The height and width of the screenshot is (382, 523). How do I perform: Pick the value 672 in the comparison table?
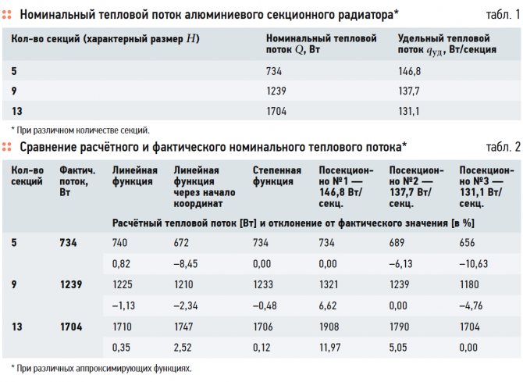tap(183, 243)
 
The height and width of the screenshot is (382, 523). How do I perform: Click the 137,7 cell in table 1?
tap(410, 91)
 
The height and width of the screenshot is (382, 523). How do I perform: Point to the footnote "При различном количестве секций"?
tap(81, 130)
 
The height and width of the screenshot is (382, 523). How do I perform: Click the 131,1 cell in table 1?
tap(409, 111)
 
